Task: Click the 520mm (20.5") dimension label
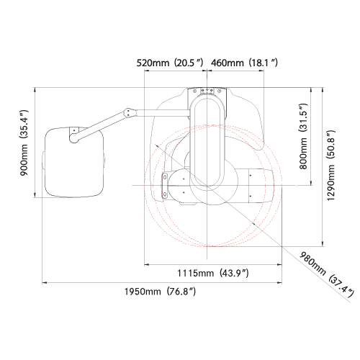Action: (x=170, y=63)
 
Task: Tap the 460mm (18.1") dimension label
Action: (x=244, y=63)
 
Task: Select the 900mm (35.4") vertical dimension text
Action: (x=24, y=143)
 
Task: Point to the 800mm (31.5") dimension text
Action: (x=303, y=136)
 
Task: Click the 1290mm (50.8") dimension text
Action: (x=330, y=166)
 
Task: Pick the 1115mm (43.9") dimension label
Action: (x=213, y=273)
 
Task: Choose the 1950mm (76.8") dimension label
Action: (x=160, y=292)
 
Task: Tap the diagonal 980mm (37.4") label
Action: (x=327, y=274)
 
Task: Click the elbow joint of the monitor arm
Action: (x=129, y=112)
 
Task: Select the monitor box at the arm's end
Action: (x=73, y=162)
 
